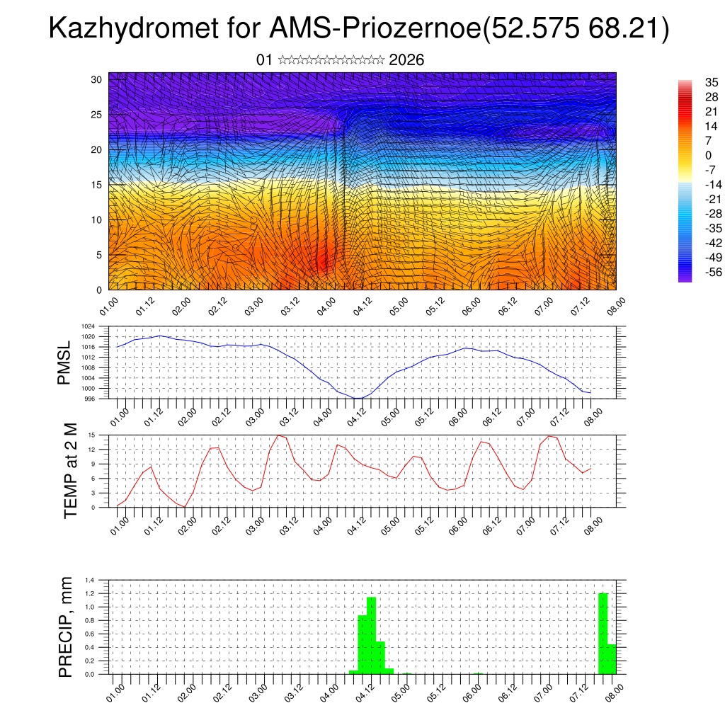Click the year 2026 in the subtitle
(x=406, y=60)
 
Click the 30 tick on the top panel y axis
(x=97, y=79)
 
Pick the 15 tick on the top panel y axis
(x=97, y=185)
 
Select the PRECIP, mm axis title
(x=66, y=627)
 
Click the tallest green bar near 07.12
(x=603, y=634)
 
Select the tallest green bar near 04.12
(x=371, y=636)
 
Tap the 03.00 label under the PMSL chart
(x=257, y=416)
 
